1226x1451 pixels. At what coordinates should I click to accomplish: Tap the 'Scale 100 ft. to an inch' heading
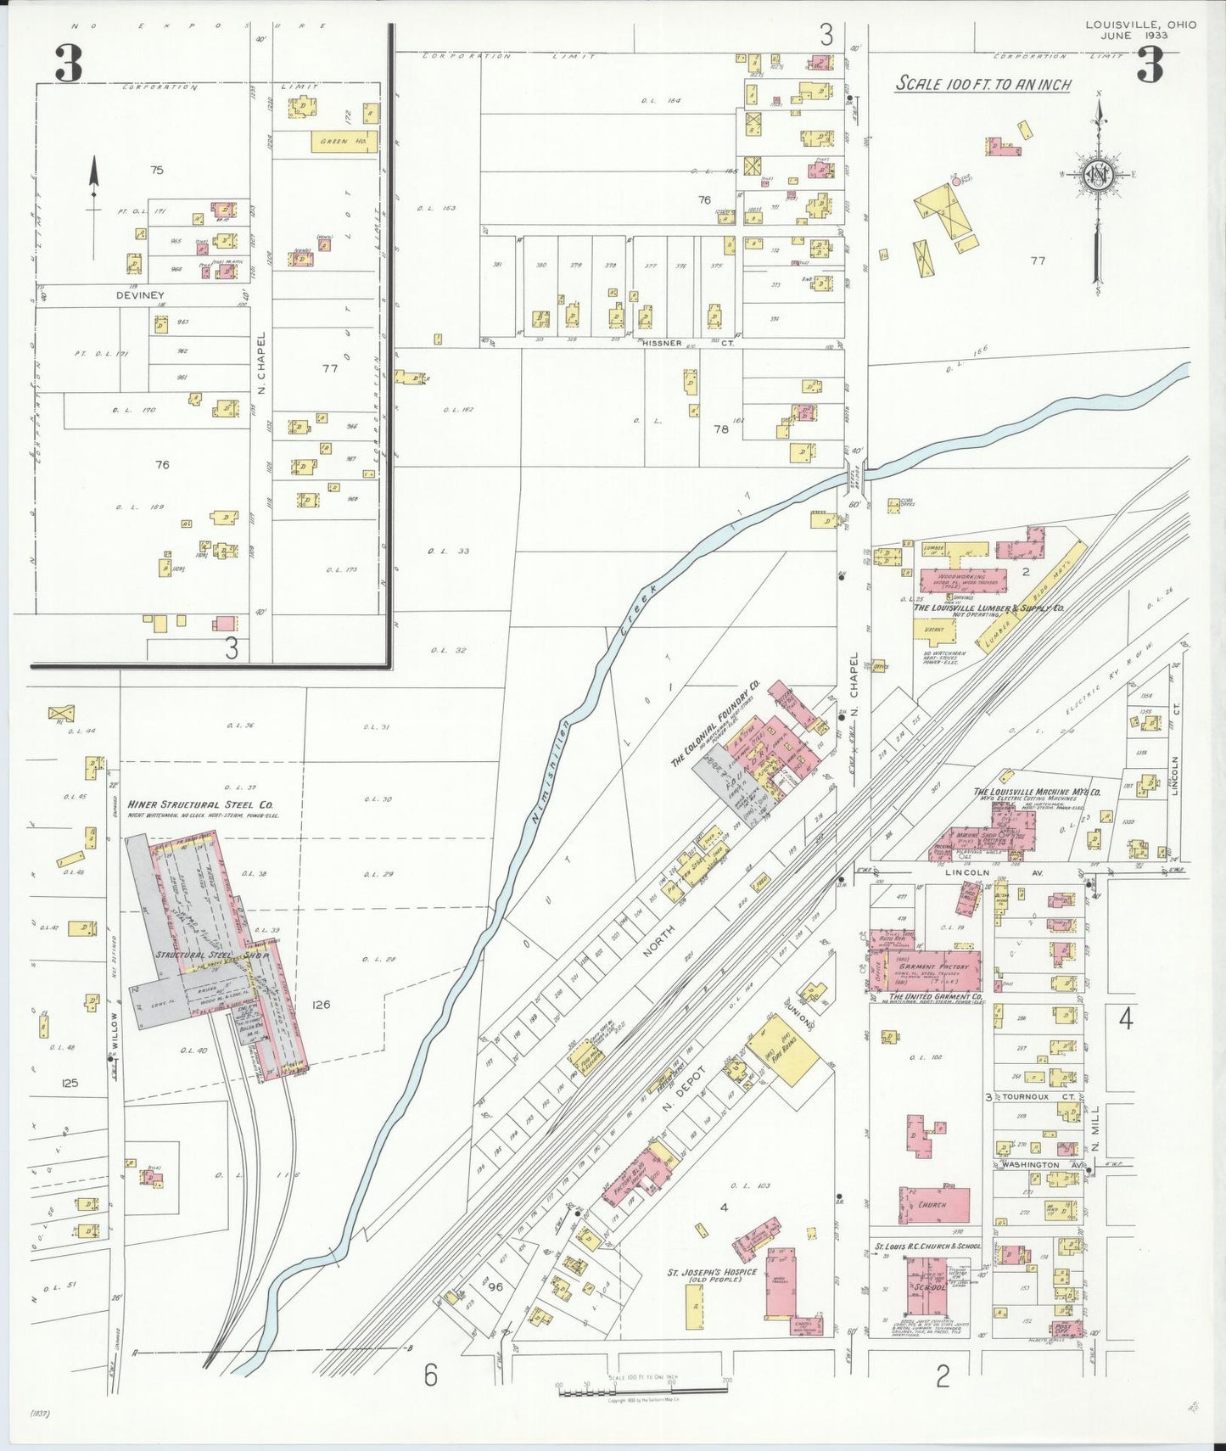click(x=983, y=84)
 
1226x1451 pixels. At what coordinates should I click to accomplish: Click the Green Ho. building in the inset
click(x=344, y=142)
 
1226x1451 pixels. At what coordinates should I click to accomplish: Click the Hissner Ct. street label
click(x=687, y=342)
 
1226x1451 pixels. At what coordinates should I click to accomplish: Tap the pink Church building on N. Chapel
click(x=934, y=1204)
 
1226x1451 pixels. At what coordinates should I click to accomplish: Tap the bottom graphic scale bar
click(x=642, y=1391)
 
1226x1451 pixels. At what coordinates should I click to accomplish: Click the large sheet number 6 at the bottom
click(x=430, y=1375)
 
